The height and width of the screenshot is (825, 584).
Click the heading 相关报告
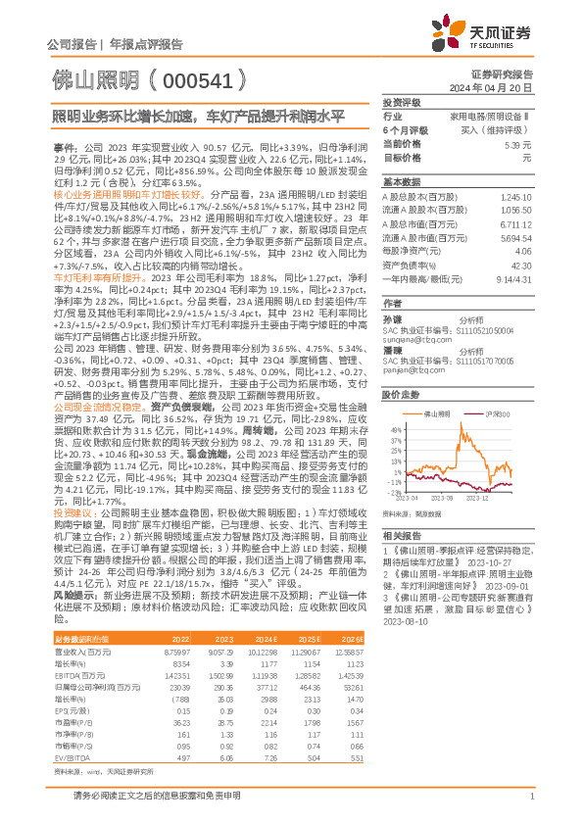click(402, 536)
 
